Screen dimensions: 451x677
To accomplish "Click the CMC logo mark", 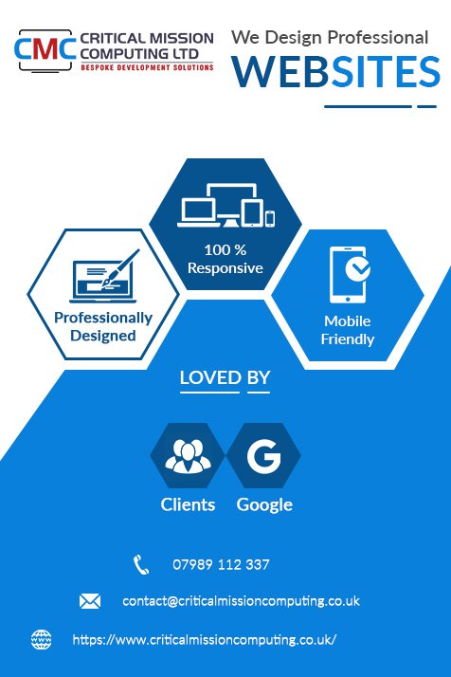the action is click(45, 50).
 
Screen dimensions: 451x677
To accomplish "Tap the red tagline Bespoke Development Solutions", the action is click(147, 67).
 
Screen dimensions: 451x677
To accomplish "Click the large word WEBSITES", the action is click(335, 72).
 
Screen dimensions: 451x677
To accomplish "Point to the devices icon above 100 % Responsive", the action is click(226, 205).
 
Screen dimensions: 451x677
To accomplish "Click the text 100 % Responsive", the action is click(225, 259).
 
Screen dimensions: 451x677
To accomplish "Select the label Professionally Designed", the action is click(103, 326).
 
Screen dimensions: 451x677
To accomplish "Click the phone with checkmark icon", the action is click(350, 275).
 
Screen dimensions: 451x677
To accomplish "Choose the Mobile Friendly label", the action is click(348, 330).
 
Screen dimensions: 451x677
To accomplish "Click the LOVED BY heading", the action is click(225, 377).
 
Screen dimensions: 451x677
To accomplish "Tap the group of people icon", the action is click(188, 456).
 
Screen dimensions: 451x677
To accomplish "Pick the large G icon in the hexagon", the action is click(263, 456).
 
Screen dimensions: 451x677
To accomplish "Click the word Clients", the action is click(188, 504).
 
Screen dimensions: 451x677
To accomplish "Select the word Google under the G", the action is click(264, 504).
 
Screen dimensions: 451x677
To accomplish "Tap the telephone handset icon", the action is click(141, 565).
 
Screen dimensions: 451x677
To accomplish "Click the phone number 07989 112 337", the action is click(221, 565).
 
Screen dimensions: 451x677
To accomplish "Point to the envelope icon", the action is click(90, 601).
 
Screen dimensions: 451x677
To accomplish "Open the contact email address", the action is click(241, 601).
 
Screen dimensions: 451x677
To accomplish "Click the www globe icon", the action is click(42, 639).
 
